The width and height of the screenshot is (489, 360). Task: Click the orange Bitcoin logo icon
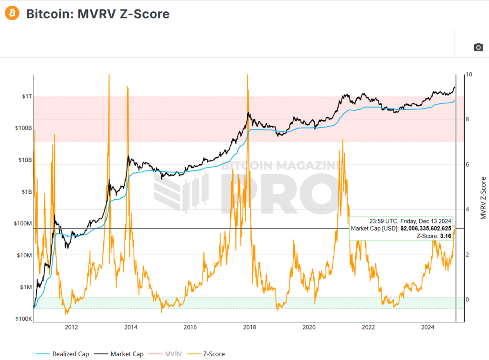[x=12, y=13]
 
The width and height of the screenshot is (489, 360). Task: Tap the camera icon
[x=478, y=47]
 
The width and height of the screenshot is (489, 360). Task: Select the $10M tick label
[x=23, y=255]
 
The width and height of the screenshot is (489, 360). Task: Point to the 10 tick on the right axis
[x=469, y=74]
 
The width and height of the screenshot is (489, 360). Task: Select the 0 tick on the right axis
[x=468, y=299]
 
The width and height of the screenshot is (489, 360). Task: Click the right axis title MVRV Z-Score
[x=483, y=198]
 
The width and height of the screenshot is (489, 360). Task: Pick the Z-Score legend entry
[x=212, y=354]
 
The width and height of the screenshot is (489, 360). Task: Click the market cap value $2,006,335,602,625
[x=425, y=229]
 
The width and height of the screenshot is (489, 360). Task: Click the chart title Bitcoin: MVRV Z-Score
[x=98, y=14]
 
